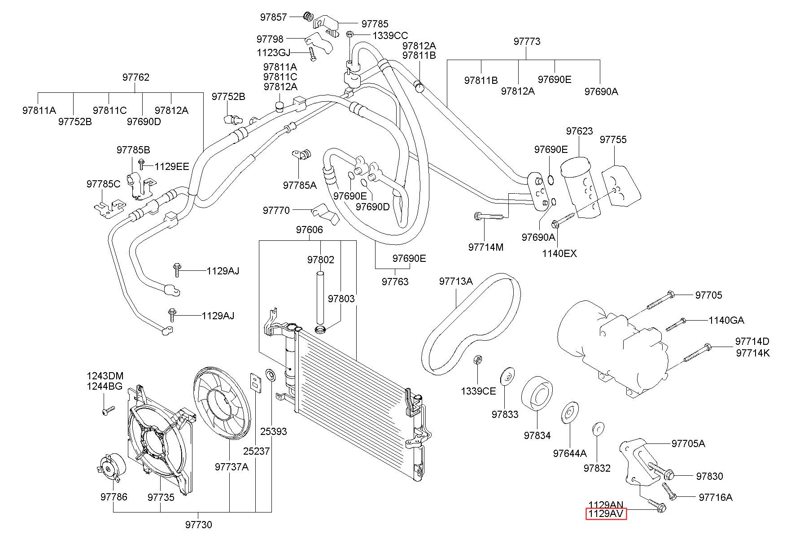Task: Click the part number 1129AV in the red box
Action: (606, 514)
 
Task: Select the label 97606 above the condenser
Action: (309, 230)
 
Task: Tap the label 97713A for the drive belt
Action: (456, 281)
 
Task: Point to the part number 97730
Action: (198, 525)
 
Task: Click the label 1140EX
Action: (559, 253)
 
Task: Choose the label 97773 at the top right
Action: (527, 41)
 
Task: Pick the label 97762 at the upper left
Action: (136, 77)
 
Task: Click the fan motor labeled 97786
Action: (111, 467)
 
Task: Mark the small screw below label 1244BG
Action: (108, 410)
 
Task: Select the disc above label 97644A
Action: (569, 413)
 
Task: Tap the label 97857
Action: (273, 17)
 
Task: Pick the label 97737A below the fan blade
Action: (232, 467)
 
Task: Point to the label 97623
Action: (579, 131)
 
